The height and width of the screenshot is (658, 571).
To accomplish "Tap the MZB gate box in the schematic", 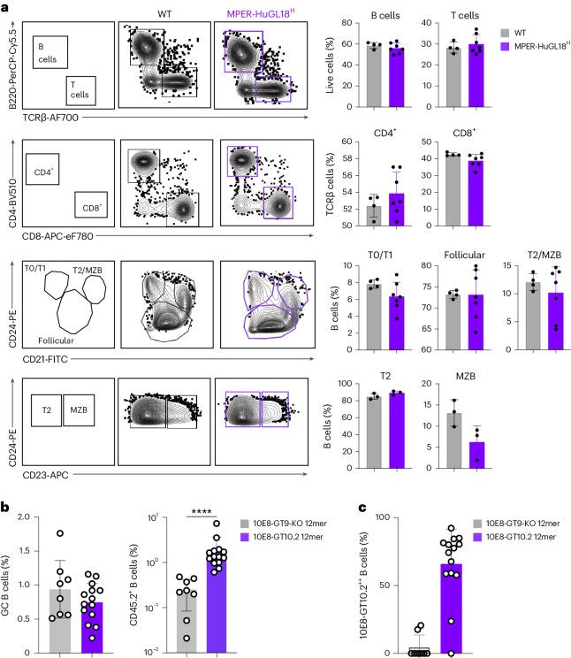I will click(x=78, y=411).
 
